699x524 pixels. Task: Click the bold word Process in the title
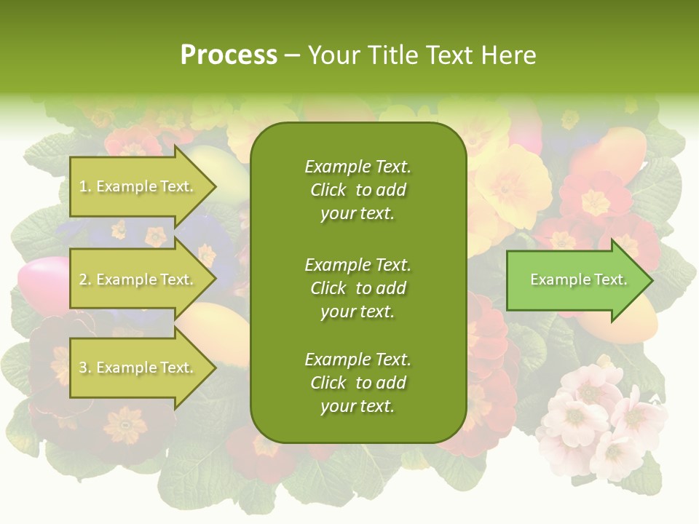(x=229, y=55)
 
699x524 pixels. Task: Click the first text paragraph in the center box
(x=358, y=190)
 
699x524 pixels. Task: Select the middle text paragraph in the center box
(x=358, y=288)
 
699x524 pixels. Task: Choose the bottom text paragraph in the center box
(x=358, y=383)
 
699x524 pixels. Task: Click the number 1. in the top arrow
(x=85, y=186)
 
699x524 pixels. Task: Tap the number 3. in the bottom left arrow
(x=85, y=368)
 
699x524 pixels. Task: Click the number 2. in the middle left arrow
(x=85, y=279)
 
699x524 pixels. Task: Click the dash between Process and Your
(x=293, y=55)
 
